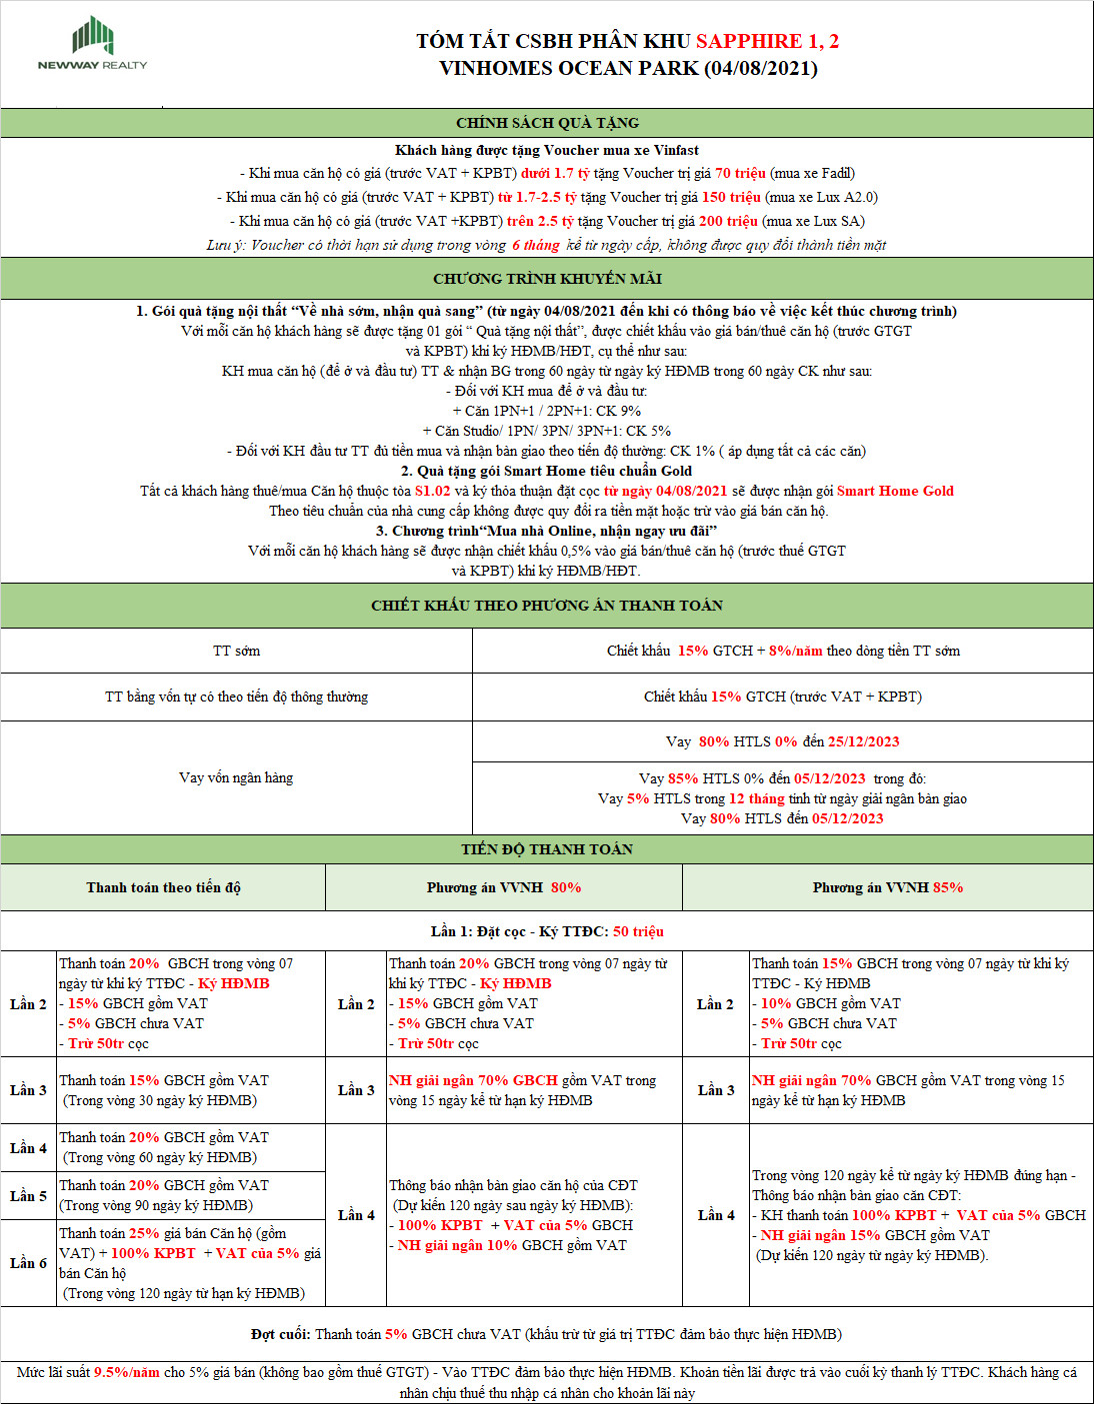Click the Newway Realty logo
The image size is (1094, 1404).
(x=92, y=43)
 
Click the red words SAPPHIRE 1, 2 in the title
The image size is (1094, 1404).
(x=767, y=41)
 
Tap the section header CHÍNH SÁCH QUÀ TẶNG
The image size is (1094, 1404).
(x=547, y=123)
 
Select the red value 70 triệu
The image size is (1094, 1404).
(x=740, y=173)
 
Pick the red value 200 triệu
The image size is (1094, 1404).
(x=728, y=221)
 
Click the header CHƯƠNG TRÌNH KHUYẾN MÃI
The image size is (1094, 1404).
(x=547, y=279)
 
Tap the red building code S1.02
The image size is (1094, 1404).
(x=433, y=491)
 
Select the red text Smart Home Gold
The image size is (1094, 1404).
(x=895, y=491)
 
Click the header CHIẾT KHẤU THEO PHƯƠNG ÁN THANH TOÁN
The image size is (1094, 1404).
(x=547, y=606)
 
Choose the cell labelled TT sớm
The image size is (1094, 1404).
(x=236, y=651)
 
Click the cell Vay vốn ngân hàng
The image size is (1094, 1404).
(x=236, y=777)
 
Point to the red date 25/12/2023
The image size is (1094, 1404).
(x=863, y=741)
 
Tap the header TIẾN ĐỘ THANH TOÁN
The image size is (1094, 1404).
(x=547, y=849)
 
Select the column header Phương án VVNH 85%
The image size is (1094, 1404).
(x=887, y=887)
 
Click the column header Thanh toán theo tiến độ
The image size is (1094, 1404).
(x=163, y=887)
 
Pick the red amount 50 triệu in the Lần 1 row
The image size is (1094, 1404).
(x=638, y=931)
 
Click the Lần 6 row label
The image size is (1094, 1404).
(x=28, y=1263)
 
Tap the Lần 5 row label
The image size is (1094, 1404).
(x=28, y=1195)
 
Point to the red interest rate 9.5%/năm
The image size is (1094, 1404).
(x=127, y=1372)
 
